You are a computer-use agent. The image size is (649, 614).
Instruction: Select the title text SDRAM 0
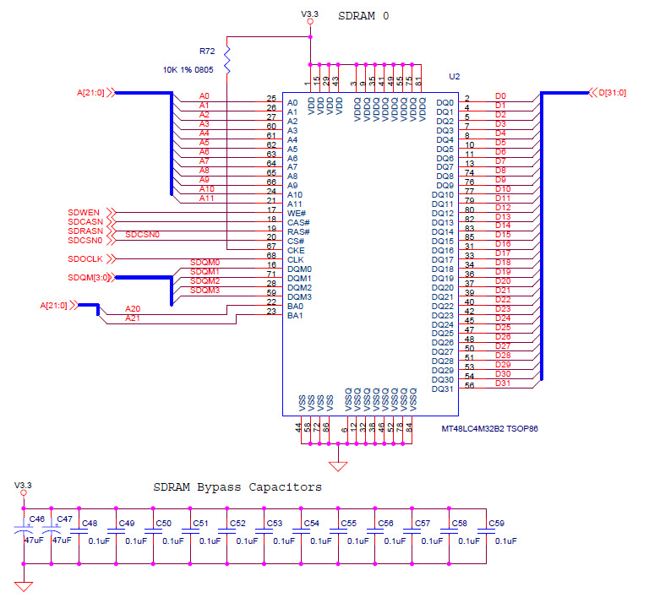coord(363,16)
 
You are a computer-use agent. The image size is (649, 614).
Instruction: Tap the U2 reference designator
coord(454,77)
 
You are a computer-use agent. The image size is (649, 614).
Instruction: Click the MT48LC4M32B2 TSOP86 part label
coord(490,429)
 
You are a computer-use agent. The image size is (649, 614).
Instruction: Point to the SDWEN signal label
coord(84,212)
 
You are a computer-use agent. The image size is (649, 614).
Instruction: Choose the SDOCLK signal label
coord(85,258)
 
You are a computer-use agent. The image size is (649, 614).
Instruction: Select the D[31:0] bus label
coord(612,92)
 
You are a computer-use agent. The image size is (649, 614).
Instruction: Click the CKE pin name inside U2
coord(295,250)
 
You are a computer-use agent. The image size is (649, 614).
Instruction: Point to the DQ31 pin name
coord(442,389)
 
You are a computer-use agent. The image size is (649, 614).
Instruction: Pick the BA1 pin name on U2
coord(294,315)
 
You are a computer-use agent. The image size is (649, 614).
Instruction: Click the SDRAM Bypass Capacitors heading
coord(237,487)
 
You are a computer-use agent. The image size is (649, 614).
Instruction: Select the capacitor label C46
coord(36,519)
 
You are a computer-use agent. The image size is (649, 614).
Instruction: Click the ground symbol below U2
coord(339,465)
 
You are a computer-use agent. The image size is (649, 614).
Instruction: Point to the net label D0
coord(500,96)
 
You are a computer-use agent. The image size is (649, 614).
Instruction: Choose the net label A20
coord(132,309)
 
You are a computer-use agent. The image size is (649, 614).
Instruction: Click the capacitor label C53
coord(275,524)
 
